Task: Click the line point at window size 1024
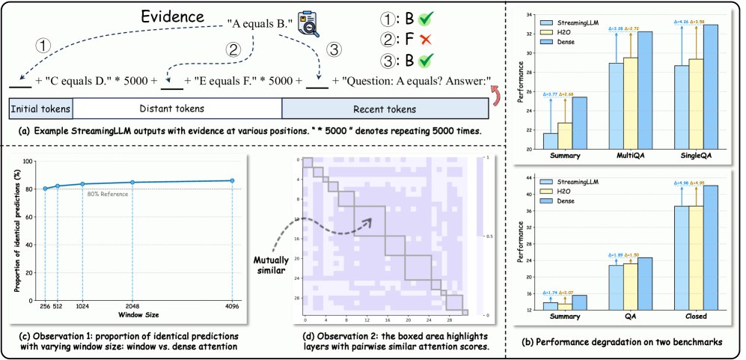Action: [82, 184]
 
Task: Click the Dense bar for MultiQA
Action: [643, 90]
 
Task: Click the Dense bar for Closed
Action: [709, 246]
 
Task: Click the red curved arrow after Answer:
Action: [495, 92]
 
